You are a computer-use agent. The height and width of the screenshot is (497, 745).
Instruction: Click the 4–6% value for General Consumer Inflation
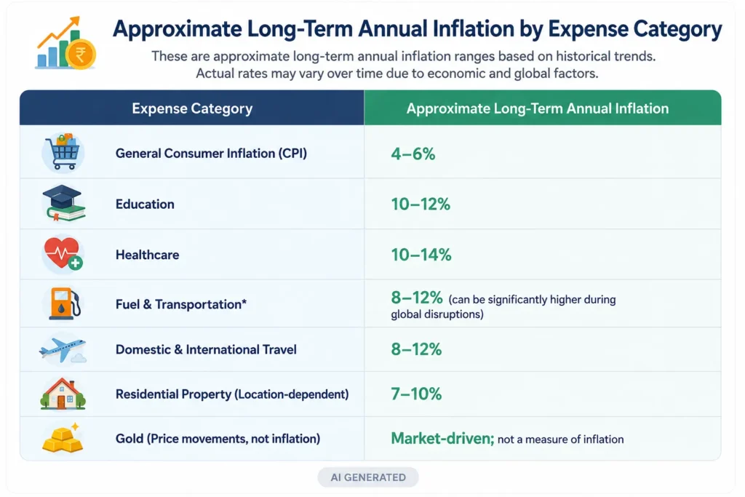point(413,154)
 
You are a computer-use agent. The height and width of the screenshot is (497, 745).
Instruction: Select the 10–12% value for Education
point(421,204)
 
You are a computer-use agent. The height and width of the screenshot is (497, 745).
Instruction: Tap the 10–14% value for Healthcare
point(421,255)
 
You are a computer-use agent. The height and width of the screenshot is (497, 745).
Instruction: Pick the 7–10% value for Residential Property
point(416,394)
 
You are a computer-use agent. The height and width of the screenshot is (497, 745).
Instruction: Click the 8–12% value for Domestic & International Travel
point(416,349)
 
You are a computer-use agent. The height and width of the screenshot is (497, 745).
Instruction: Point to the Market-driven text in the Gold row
point(442,438)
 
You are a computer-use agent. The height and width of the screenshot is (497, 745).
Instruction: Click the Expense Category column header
point(192,108)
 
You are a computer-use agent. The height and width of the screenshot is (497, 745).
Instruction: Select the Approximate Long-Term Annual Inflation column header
point(538,108)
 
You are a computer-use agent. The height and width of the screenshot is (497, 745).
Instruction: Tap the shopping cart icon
point(63,152)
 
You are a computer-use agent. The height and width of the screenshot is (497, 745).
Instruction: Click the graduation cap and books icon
point(63,203)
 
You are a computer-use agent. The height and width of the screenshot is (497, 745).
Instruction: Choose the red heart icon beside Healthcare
point(63,253)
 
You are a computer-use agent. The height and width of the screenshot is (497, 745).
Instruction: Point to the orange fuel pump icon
point(65,303)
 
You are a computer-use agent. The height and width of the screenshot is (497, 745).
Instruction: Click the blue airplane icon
point(63,350)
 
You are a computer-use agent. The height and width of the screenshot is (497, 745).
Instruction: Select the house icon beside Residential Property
point(63,394)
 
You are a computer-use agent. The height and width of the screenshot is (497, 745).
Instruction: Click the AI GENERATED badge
point(368,477)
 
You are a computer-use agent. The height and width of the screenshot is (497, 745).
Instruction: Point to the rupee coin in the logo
point(81,54)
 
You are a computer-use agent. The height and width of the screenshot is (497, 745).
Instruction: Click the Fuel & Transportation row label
point(181,304)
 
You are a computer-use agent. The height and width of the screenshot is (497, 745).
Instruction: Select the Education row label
point(145,204)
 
